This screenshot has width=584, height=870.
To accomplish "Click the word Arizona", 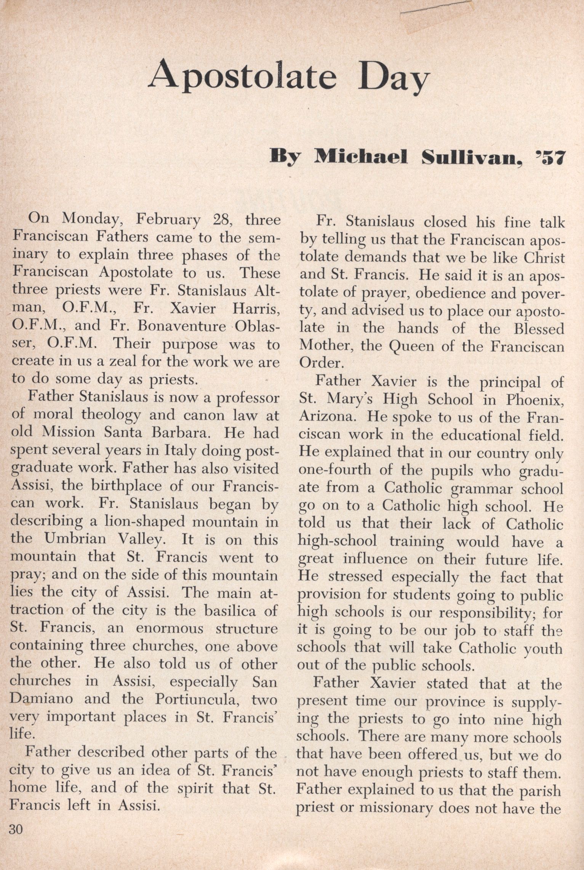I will (x=328, y=417).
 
